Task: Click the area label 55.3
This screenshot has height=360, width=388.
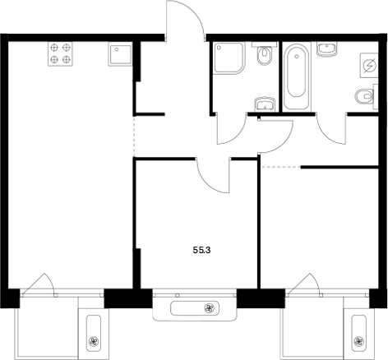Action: [x=196, y=244]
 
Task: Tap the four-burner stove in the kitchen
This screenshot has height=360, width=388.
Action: [x=58, y=53]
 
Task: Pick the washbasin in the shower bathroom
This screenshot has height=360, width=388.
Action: [x=264, y=104]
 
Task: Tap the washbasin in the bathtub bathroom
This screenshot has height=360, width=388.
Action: [x=329, y=51]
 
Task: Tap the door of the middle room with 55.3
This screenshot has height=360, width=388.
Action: [x=215, y=173]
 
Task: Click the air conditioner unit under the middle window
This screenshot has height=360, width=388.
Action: [x=194, y=309]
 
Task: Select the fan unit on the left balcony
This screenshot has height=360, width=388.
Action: [x=92, y=339]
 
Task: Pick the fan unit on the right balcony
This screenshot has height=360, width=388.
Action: [x=358, y=339]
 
